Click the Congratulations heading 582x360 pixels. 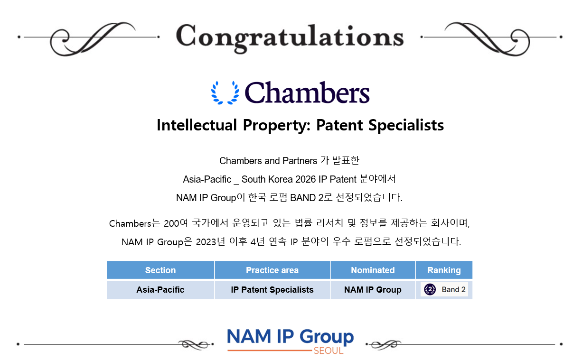click(290, 38)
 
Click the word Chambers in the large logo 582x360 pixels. click(307, 92)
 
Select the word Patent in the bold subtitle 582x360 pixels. click(339, 125)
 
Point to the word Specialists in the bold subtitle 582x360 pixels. click(406, 126)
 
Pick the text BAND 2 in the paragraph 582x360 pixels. click(307, 198)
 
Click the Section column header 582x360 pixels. click(160, 270)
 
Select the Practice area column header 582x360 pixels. click(272, 270)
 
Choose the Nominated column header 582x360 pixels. click(373, 270)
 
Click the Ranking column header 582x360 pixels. click(444, 270)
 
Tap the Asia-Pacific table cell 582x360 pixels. click(160, 290)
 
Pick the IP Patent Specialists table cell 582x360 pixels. click(272, 290)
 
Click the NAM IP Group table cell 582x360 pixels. click(373, 290)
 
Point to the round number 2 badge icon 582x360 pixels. click(430, 289)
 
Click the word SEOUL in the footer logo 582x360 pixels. click(329, 351)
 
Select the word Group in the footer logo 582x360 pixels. click(327, 337)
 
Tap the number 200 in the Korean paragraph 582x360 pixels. click(171, 224)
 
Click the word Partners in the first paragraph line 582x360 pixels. click(300, 161)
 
